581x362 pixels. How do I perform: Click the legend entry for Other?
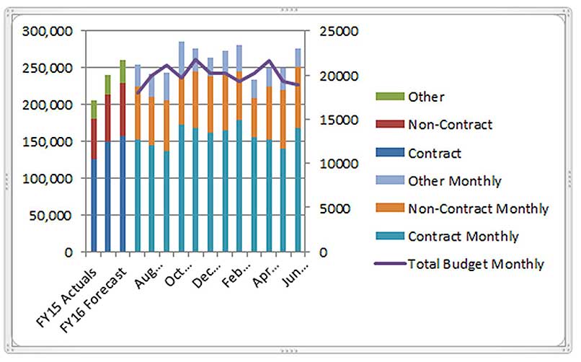point(426,96)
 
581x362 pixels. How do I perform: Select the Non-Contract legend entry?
point(450,125)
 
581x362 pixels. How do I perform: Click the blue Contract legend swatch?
point(390,153)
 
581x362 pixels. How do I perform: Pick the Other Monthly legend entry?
point(454,180)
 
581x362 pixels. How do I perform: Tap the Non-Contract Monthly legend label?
point(478,208)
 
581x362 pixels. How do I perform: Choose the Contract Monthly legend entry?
point(463,237)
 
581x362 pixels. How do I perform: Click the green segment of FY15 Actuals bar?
point(94,110)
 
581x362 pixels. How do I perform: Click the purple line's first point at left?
point(138,93)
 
